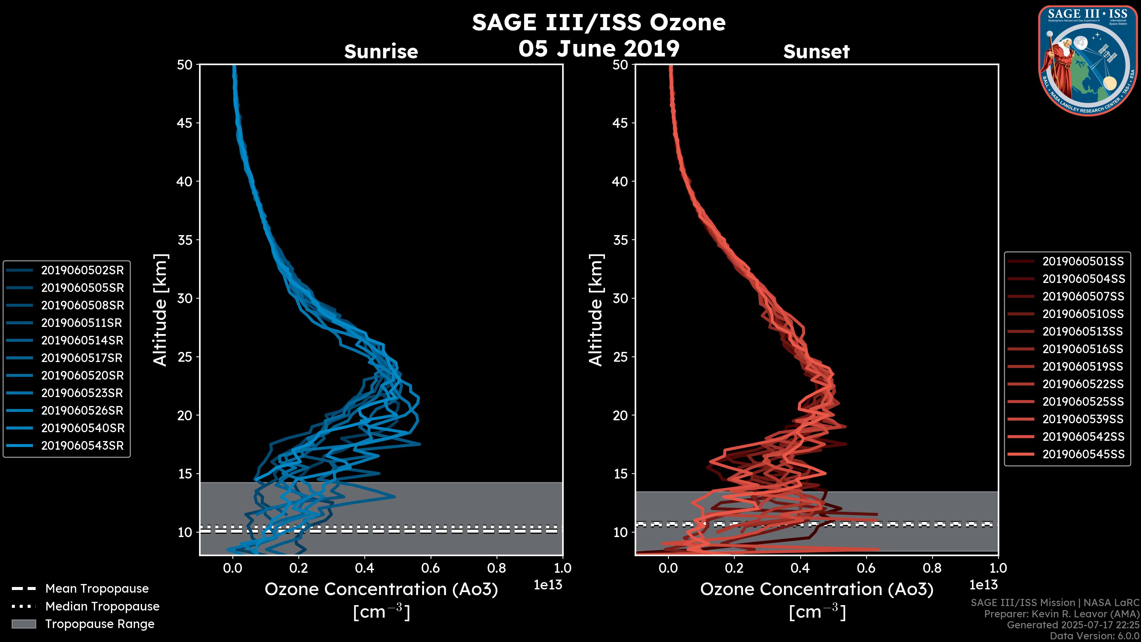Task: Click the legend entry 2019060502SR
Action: click(82, 270)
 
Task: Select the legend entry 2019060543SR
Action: click(82, 446)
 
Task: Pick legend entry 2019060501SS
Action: click(1083, 262)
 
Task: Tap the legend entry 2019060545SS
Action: click(1083, 454)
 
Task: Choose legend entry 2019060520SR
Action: click(82, 376)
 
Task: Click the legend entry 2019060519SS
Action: click(1083, 366)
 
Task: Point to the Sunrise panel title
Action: click(381, 52)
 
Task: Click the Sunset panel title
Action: click(816, 52)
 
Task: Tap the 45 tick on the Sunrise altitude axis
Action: click(185, 123)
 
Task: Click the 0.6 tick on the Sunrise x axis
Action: click(431, 568)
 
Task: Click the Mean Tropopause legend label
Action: click(97, 589)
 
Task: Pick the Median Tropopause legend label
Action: click(102, 607)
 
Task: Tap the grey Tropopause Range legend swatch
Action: click(23, 624)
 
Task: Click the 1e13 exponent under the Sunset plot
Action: click(983, 585)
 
